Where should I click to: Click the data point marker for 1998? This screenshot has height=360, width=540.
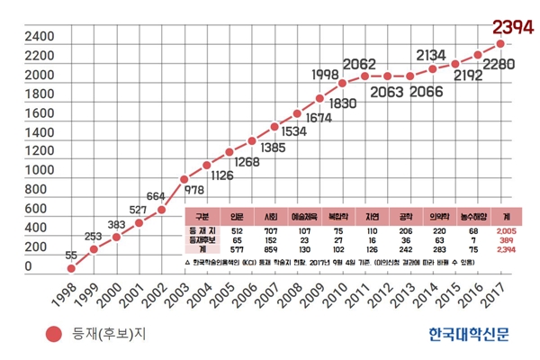[x=70, y=268]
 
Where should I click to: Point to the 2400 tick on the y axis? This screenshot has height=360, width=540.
[x=19, y=39]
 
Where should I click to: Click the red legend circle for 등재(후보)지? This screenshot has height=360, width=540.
[x=55, y=335]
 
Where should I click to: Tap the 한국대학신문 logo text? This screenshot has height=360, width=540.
[x=469, y=334]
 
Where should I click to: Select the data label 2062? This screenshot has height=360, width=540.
[x=359, y=64]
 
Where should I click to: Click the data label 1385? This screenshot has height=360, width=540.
[x=273, y=148]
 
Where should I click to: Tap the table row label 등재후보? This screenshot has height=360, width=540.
[x=201, y=240]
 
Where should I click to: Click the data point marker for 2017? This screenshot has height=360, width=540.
[x=499, y=43]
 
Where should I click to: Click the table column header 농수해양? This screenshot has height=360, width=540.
[x=473, y=217]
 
